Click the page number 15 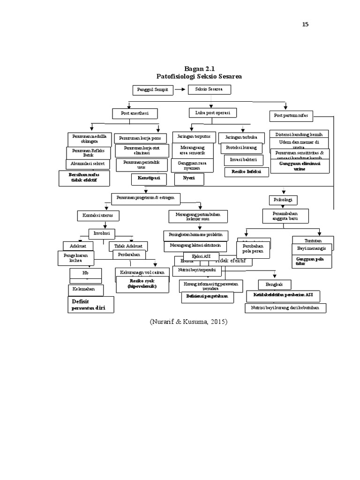(305, 25)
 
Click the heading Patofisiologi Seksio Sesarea (199, 76)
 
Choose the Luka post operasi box (212, 113)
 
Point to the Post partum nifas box (292, 115)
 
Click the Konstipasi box (149, 179)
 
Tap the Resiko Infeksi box (247, 172)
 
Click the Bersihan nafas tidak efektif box (83, 178)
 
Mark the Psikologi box (283, 200)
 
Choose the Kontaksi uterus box (98, 215)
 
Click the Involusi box (102, 233)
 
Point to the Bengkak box (275, 284)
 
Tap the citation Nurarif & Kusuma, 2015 (188, 322)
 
